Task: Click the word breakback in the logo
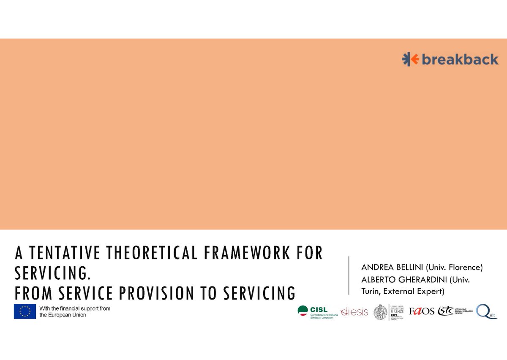click(x=460, y=60)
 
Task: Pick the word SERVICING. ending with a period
click(x=53, y=273)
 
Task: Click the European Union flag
click(x=25, y=311)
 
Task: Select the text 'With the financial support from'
click(x=75, y=308)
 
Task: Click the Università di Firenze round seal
click(x=380, y=312)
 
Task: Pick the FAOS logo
click(x=421, y=311)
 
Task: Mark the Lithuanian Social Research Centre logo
click(x=455, y=311)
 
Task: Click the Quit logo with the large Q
click(x=486, y=311)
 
